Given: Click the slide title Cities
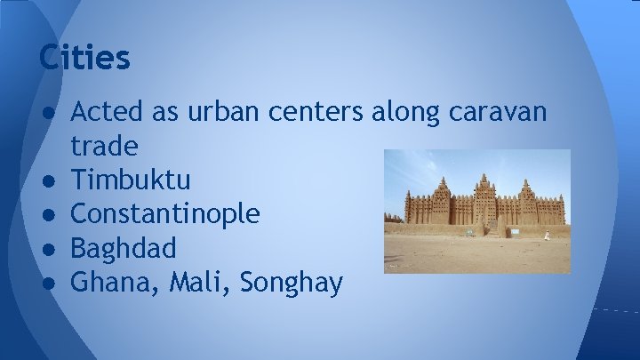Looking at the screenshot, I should [84, 59].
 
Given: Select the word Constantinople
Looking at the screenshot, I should [165, 214].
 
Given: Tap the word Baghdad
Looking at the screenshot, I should [123, 249].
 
